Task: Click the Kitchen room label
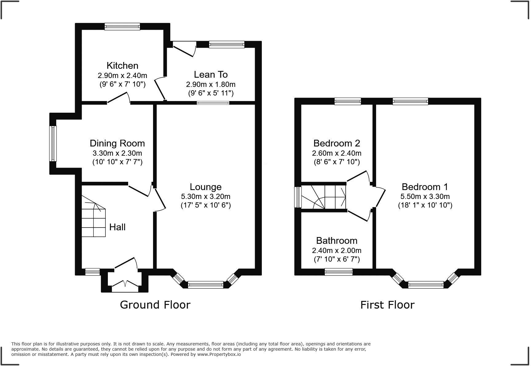pos(122,65)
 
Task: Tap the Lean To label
pos(211,74)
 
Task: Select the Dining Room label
pos(117,143)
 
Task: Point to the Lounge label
pos(206,187)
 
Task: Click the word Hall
pos(117,227)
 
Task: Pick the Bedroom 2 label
pos(337,143)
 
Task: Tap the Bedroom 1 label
pos(425,187)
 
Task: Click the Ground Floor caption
pos(155,305)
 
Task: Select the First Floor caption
pos(387,305)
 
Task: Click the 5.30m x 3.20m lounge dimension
pos(206,196)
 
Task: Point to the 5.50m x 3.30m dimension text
pos(425,196)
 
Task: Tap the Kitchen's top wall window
pos(122,26)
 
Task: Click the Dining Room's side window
pos(53,143)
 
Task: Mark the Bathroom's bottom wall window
pos(339,272)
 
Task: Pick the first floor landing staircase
pos(324,197)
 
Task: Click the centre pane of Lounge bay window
pos(206,285)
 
